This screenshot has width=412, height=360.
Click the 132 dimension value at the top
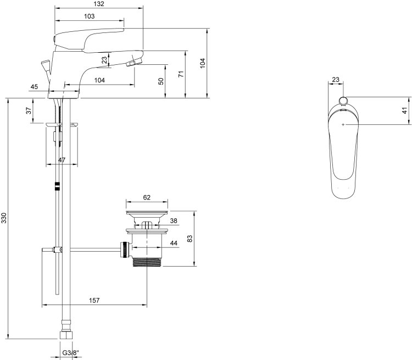coord(99,4)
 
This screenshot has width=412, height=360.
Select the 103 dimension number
coord(90,16)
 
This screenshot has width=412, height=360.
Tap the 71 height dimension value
coord(181,74)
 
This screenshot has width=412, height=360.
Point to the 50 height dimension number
coord(161,81)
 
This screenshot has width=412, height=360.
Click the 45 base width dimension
coord(34,86)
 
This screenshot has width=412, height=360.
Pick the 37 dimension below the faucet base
coord(29,110)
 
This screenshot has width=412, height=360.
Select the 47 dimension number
coord(62,160)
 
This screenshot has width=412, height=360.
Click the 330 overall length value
coord(4,218)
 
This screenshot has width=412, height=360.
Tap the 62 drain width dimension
coord(147,197)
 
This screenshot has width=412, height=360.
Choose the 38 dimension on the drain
coord(174,220)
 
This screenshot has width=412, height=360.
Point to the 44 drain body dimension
coord(174,243)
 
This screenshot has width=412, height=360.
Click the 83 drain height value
coord(190,239)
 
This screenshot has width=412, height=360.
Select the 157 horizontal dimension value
coord(94,300)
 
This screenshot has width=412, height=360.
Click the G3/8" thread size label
coord(69,353)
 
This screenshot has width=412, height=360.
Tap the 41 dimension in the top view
coord(405,110)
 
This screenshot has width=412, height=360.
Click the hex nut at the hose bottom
coord(65,335)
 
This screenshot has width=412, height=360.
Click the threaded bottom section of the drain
coord(147,262)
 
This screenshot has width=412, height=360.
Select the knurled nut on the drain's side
coord(125,250)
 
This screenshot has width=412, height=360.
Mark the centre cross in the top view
coord(343,124)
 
